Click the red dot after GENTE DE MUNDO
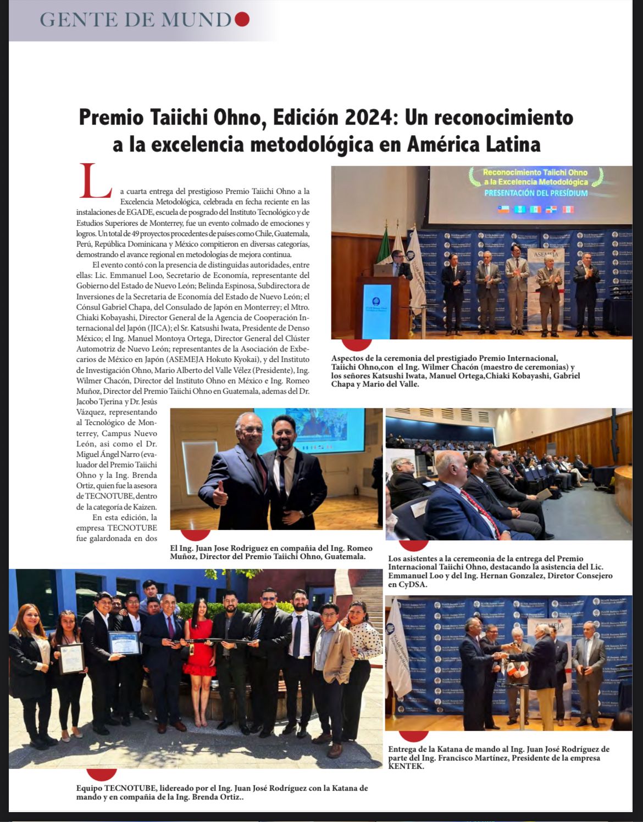(242, 20)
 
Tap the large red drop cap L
(96, 182)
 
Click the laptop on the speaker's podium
(383, 270)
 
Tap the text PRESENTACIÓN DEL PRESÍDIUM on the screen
(535, 193)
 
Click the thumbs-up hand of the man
(220, 494)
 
